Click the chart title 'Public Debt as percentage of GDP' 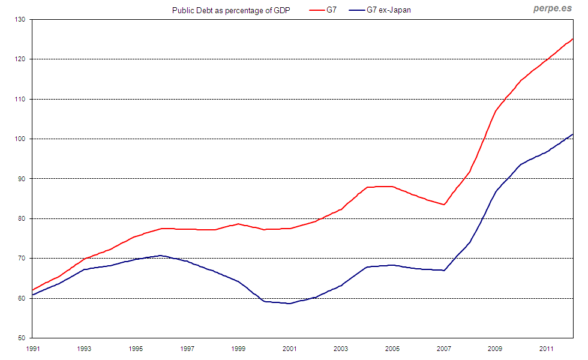[x=223, y=10]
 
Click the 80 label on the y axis [x=22, y=218]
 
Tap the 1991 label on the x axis [x=33, y=349]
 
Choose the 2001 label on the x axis [x=290, y=349]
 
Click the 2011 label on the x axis [x=546, y=349]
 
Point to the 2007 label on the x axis [x=443, y=349]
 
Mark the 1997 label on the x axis [x=187, y=349]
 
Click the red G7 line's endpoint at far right [x=572, y=39]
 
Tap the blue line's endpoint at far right [x=572, y=134]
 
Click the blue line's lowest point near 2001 [x=289, y=304]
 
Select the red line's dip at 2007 [x=444, y=205]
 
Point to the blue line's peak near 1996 [x=160, y=256]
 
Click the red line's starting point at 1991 [x=34, y=290]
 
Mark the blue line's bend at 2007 [x=444, y=271]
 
